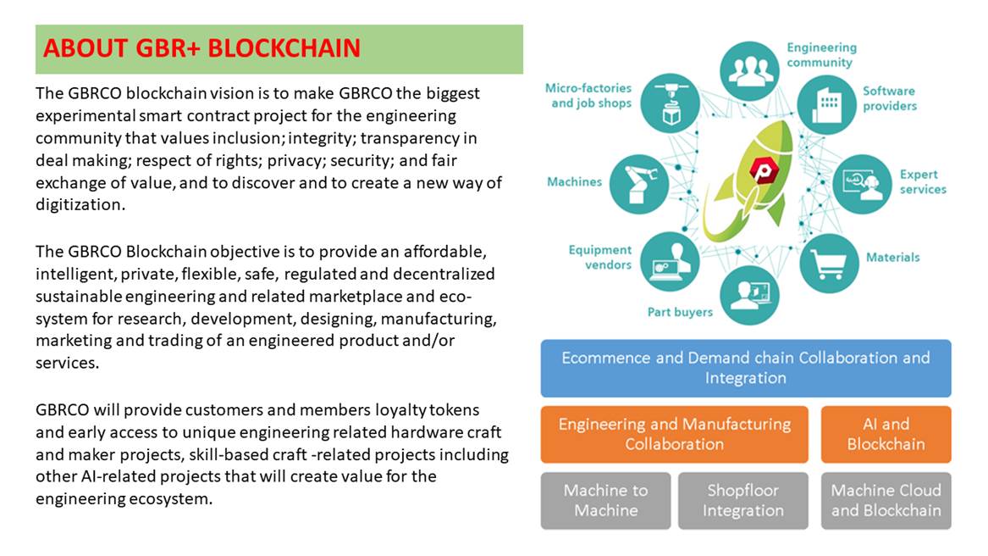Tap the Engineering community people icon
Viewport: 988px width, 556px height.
coord(749,70)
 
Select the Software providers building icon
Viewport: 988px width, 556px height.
coord(826,105)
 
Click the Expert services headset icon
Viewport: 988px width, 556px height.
coord(862,184)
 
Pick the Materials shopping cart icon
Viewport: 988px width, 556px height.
coord(829,264)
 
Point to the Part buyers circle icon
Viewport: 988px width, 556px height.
coord(749,295)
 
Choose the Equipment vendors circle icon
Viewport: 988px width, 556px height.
coord(670,261)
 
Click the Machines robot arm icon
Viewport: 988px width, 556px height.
coord(639,184)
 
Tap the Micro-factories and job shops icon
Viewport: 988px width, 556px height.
coord(670,103)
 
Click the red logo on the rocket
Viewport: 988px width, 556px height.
coord(764,170)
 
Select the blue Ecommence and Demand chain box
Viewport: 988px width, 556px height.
coord(745,368)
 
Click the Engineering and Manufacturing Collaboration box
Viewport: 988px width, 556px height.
coord(674,434)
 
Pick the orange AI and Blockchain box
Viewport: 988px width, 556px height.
coord(886,434)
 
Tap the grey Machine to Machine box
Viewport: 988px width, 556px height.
coord(605,500)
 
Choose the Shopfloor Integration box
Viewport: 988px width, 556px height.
coord(742,500)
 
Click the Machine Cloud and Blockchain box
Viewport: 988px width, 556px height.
coord(886,500)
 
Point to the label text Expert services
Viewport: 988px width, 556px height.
coord(923,181)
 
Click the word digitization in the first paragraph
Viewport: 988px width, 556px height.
coord(80,205)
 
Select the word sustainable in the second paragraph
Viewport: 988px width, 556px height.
coord(78,296)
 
